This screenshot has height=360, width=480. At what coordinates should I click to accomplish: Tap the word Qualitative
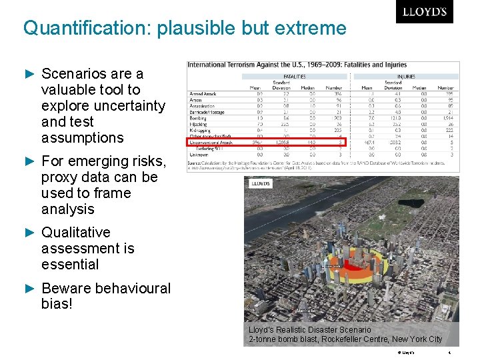click(75, 232)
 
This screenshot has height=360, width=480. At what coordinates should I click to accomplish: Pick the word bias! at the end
click(57, 305)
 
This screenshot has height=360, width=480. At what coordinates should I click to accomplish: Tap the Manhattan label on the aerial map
click(306, 311)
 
